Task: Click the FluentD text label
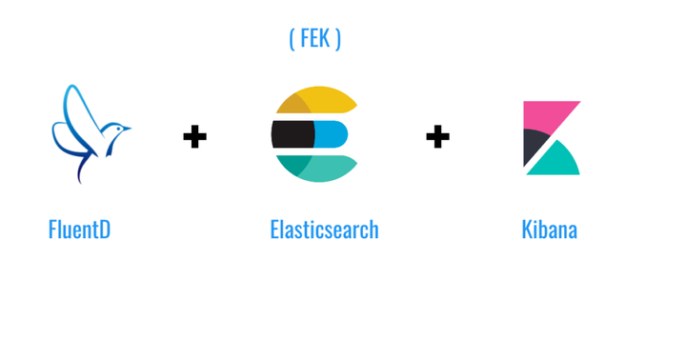pyautogui.click(x=79, y=230)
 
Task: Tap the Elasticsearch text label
pyautogui.click(x=324, y=230)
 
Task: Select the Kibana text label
pyautogui.click(x=549, y=230)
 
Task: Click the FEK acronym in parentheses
pyautogui.click(x=314, y=38)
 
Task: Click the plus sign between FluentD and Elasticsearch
pyautogui.click(x=194, y=137)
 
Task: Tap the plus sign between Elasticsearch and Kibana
pyautogui.click(x=437, y=137)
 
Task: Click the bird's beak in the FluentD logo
pyautogui.click(x=128, y=127)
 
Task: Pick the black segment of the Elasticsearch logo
pyautogui.click(x=290, y=135)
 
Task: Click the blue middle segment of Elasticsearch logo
pyautogui.click(x=333, y=135)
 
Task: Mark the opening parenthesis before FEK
pyautogui.click(x=292, y=38)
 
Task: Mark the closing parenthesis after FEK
pyautogui.click(x=337, y=38)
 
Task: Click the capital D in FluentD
pyautogui.click(x=104, y=230)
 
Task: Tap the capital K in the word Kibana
pyautogui.click(x=527, y=230)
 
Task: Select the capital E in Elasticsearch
pyautogui.click(x=275, y=230)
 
